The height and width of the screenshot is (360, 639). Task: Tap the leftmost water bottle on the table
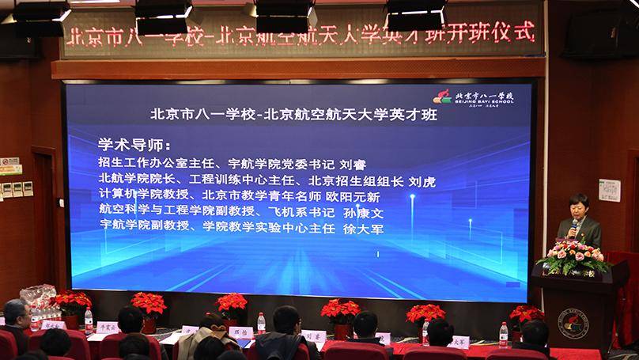pos(89,319)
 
